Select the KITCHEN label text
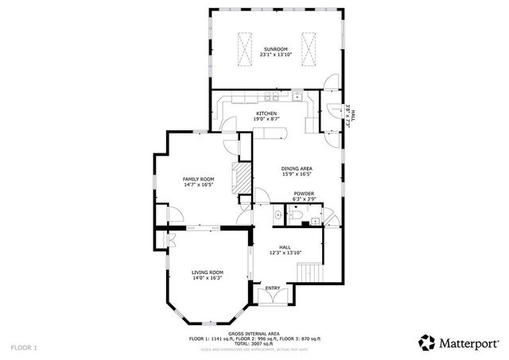click(x=266, y=114)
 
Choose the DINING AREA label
click(x=296, y=168)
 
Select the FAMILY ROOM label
click(x=199, y=180)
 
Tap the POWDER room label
click(x=304, y=194)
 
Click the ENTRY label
click(x=273, y=288)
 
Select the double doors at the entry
click(x=273, y=299)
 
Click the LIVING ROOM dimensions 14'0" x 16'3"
click(x=207, y=278)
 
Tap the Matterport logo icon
click(x=427, y=343)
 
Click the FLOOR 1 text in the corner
click(x=24, y=348)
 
